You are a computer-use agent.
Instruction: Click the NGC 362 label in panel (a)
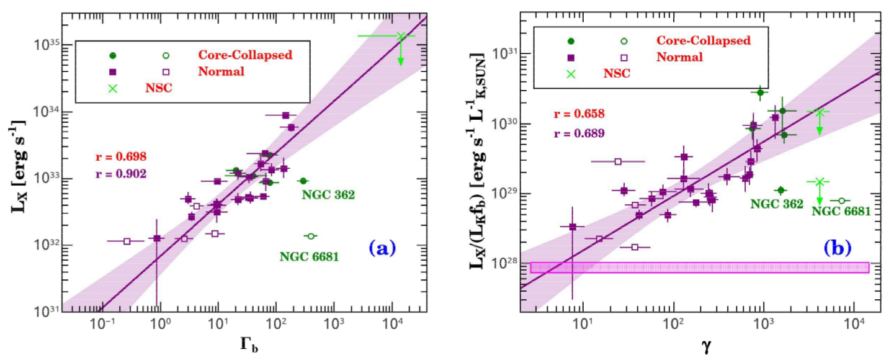(x=328, y=195)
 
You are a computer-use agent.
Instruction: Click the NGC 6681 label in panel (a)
(x=309, y=256)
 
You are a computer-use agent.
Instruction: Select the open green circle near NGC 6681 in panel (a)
(x=311, y=236)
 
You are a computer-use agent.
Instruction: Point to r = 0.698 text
(x=121, y=156)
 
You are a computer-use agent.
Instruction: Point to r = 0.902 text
(x=121, y=174)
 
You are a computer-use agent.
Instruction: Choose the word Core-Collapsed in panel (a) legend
(x=245, y=55)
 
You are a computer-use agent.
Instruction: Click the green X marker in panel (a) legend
(x=113, y=88)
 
